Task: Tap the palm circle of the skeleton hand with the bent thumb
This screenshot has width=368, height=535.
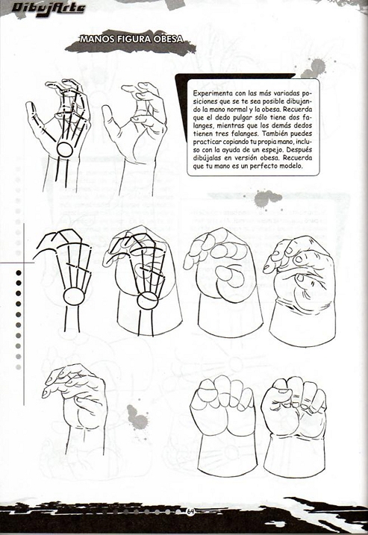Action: pos(72,298)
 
